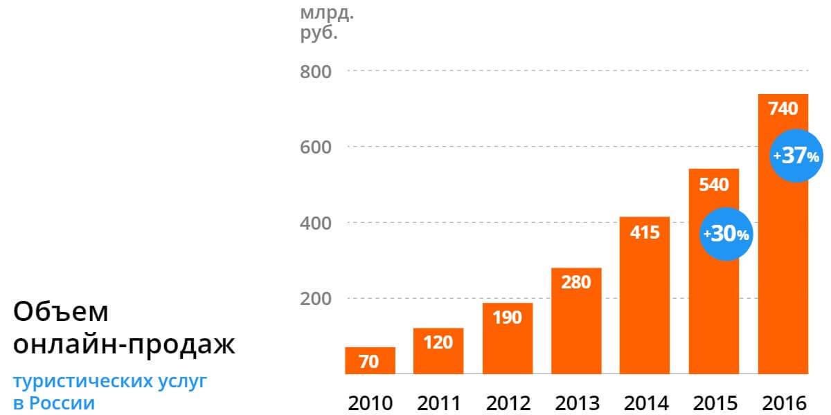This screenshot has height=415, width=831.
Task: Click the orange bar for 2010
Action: [370, 360]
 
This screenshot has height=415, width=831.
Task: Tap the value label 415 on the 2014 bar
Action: [645, 232]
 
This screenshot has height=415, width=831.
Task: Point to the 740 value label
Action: [783, 109]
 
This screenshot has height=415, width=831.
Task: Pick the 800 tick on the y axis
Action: [316, 71]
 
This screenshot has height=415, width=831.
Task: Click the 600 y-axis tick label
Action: [316, 147]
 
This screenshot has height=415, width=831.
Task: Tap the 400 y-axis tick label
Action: [316, 223]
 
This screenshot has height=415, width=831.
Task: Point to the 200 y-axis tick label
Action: [316, 299]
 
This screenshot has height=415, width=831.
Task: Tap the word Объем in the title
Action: [62, 313]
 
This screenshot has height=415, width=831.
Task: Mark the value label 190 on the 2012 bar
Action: [508, 317]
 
